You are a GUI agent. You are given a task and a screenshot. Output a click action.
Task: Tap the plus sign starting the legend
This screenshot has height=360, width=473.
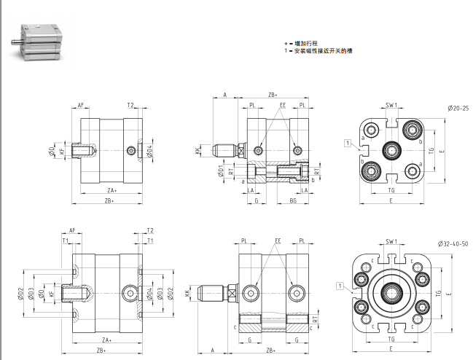286,44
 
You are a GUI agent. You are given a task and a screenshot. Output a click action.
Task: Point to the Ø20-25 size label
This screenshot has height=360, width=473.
457,109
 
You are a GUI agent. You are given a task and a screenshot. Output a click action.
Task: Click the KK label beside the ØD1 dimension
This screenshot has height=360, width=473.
198,151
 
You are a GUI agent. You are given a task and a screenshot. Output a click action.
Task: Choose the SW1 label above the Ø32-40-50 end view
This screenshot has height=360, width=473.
391,240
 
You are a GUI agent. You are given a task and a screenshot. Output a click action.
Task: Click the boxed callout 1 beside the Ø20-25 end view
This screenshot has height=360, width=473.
348,142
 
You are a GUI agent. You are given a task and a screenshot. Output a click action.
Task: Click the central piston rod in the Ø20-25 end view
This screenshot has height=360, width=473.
391,151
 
